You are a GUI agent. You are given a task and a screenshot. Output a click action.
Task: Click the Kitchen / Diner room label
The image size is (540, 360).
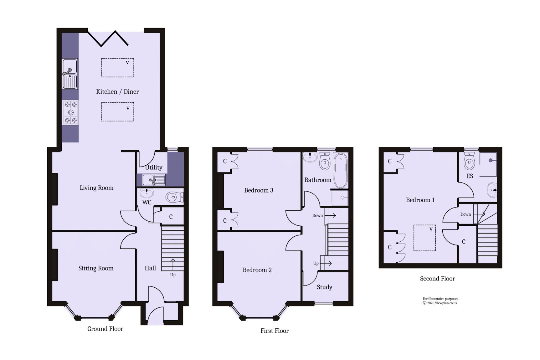coord(117,92)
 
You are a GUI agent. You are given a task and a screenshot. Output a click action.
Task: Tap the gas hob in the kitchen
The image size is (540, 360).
coord(70,112)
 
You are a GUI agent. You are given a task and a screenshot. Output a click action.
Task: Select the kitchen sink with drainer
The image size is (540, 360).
coord(70,74)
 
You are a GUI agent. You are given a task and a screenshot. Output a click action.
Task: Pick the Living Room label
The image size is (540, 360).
coord(96,188)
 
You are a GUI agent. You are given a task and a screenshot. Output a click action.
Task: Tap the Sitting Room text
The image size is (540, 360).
coord(96,268)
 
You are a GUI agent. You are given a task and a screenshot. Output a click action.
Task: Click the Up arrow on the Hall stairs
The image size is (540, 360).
coord(173,264)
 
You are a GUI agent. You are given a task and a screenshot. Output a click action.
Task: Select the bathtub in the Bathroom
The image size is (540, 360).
coord(341,171)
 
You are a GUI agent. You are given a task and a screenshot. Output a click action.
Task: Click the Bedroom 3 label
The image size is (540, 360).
coord(259,190)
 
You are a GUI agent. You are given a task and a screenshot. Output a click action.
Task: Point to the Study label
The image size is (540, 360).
coord(324,287)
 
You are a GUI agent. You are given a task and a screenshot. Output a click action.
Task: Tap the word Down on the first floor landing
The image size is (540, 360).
coord(317,215)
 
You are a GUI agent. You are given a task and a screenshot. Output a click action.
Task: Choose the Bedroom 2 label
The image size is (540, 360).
coord(257,270)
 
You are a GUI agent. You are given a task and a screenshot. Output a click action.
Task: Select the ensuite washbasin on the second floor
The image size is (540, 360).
coord(492,190)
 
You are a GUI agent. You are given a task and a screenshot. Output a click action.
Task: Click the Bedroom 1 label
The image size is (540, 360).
coord(420,200)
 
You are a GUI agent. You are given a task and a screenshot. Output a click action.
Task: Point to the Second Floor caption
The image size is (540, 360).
coord(437,279)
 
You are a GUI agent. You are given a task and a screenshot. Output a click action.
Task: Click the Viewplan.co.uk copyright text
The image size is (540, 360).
coord(440,303)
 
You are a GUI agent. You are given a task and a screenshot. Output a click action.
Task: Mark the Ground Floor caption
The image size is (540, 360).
coord(105,329)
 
